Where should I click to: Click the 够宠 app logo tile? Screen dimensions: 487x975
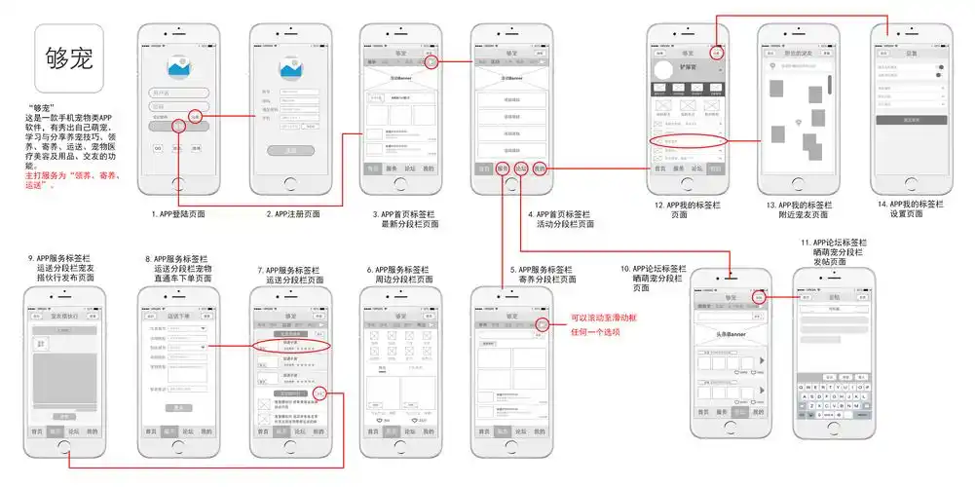(x=69, y=57)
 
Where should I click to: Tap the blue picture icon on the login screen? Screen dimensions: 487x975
(x=177, y=66)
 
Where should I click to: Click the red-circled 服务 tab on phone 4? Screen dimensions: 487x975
(x=503, y=169)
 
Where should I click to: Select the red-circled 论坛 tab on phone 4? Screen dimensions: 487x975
(x=521, y=169)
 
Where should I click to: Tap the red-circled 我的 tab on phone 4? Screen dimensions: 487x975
(x=540, y=169)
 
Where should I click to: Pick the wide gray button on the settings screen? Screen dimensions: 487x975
(x=912, y=120)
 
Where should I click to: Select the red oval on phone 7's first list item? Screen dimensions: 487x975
(x=290, y=346)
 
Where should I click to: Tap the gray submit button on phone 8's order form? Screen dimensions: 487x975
(x=177, y=407)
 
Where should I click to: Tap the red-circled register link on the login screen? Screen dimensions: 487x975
(x=194, y=117)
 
